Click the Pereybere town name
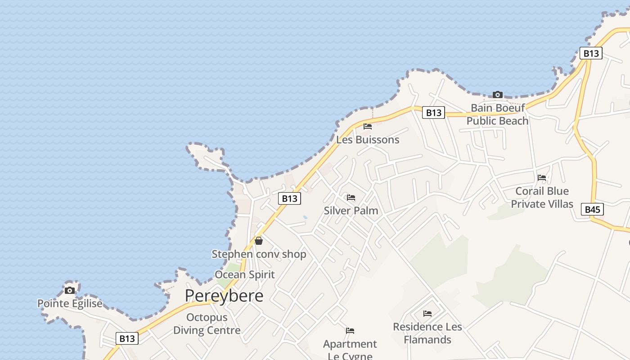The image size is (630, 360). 224,296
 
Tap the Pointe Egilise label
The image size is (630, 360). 70,303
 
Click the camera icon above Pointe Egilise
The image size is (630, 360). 70,290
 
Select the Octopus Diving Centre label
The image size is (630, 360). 207,324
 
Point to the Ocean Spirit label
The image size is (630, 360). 245,274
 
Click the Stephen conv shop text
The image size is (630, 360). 259,254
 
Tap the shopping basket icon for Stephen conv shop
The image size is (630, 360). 259,241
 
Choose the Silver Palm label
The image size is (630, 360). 351,211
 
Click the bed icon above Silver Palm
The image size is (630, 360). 351,198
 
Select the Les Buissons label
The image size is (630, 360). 368,139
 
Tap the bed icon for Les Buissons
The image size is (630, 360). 368,126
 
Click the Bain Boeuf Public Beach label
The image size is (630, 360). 497,114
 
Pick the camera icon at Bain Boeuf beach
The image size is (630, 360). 497,94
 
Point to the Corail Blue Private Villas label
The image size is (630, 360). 542,198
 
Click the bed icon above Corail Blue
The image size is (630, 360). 542,178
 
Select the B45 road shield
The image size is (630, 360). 592,209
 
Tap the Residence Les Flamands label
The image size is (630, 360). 427,333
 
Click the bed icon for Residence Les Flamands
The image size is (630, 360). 427,313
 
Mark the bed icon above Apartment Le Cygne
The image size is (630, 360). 350,331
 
